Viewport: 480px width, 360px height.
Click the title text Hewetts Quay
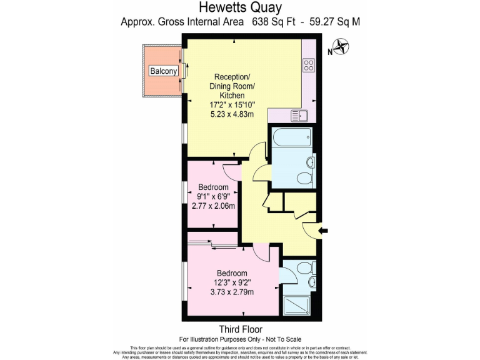point(240,7)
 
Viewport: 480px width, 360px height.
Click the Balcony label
point(164,71)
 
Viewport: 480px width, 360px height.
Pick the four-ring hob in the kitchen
point(309,65)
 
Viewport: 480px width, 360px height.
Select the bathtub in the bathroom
point(291,137)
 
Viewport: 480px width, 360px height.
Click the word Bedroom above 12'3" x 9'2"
point(232,273)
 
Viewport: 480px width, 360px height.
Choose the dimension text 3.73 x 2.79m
point(232,292)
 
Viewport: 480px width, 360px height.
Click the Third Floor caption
point(240,329)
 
